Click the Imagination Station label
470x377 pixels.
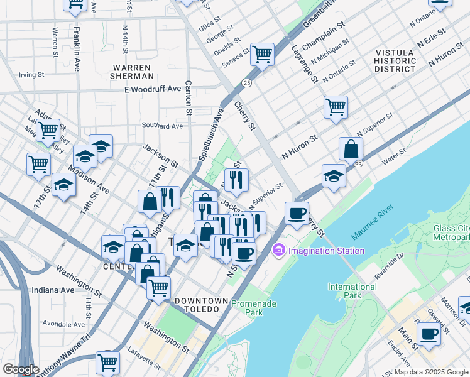pos(326,251)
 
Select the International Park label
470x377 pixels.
pos(352,291)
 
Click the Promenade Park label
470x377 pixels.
pos(246,307)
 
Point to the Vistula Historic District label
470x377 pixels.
pos(395,60)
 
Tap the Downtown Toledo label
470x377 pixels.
pos(200,305)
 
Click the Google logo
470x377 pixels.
pos(21,369)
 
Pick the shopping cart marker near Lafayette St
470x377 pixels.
pos(107,362)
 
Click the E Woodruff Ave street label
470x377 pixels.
pos(153,89)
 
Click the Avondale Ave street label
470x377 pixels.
pos(65,324)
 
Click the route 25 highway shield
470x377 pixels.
pos(246,82)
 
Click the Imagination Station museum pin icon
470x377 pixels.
pos(278,251)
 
